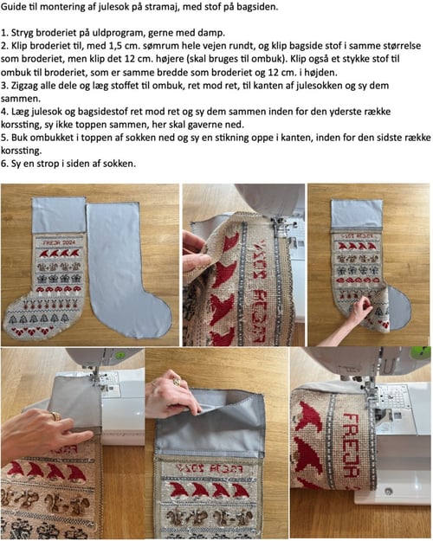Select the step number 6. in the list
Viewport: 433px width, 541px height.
[4, 164]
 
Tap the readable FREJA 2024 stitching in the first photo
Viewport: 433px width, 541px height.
[59, 243]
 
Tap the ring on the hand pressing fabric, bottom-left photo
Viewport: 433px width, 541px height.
[55, 415]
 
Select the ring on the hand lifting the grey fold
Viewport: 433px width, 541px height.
[177, 382]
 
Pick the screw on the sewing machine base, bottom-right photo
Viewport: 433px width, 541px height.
[389, 491]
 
